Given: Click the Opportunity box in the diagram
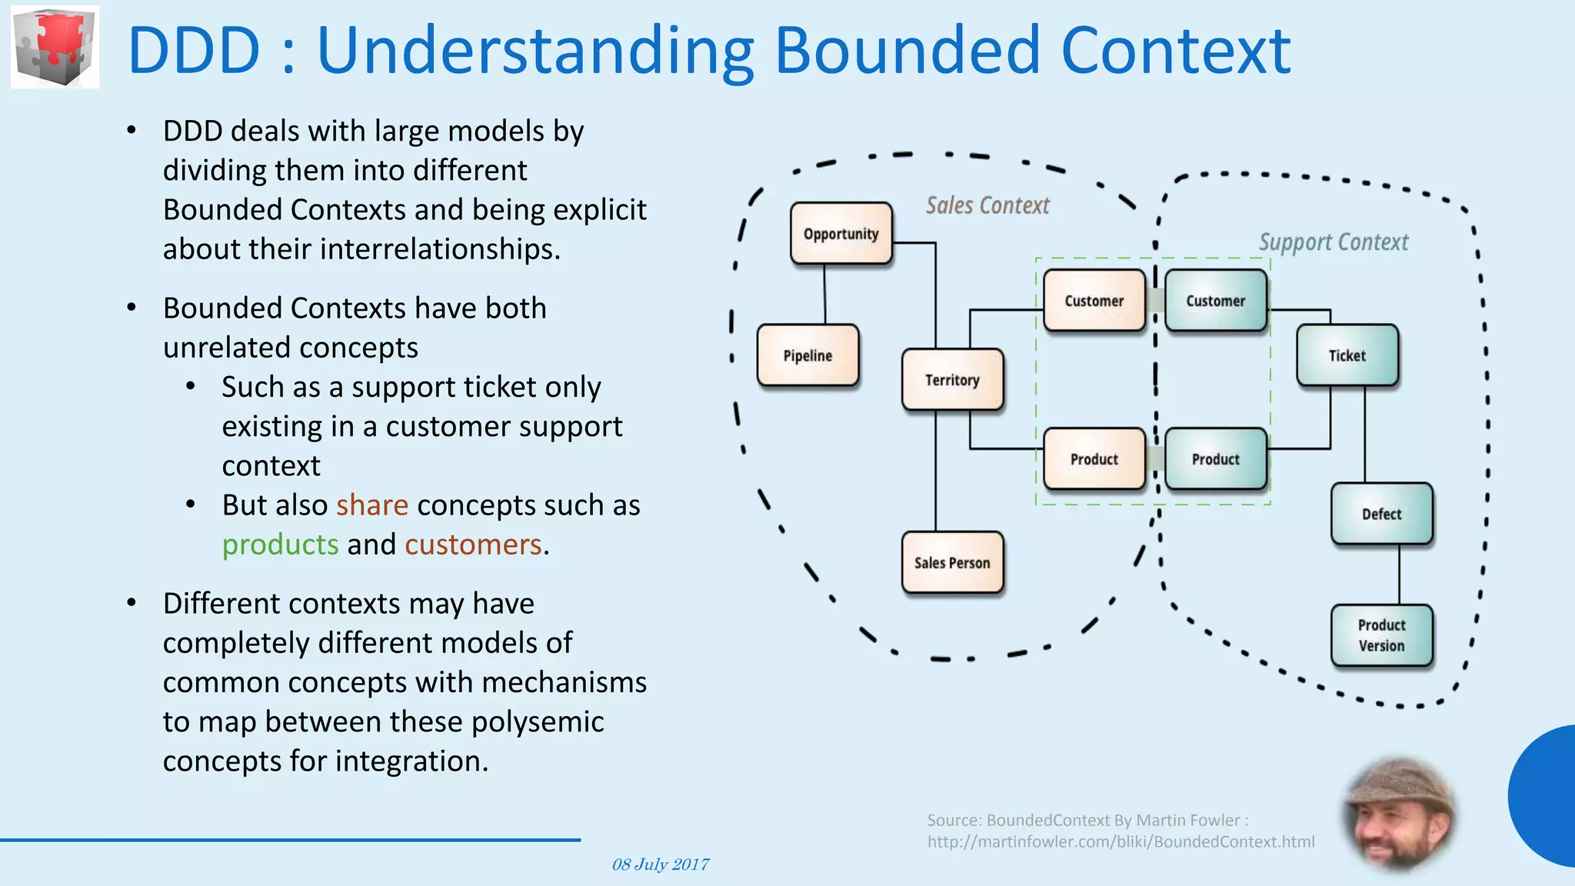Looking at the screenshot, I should click(841, 234).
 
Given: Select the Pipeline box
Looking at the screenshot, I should click(807, 355).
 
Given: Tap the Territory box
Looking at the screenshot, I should click(952, 380).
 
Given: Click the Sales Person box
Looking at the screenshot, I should click(952, 563).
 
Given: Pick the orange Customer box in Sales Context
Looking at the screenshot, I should click(1094, 301).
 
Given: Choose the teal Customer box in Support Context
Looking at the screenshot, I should click(1215, 301).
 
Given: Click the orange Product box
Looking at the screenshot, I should click(1094, 459).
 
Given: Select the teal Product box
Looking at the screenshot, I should click(1215, 459).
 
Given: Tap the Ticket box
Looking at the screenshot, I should click(1347, 355).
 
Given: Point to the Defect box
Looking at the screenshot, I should click(1381, 514).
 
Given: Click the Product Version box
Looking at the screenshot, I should click(1381, 635).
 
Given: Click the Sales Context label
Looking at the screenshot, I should click(987, 205).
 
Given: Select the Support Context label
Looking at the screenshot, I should click(1334, 242).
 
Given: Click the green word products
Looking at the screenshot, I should click(280, 545).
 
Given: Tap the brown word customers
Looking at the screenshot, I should click(474, 545).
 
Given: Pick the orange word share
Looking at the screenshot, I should click(372, 505).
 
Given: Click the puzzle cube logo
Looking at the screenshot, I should click(55, 46).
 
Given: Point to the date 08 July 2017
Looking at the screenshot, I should click(660, 864).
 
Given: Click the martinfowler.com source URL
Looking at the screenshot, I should click(1120, 841).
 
